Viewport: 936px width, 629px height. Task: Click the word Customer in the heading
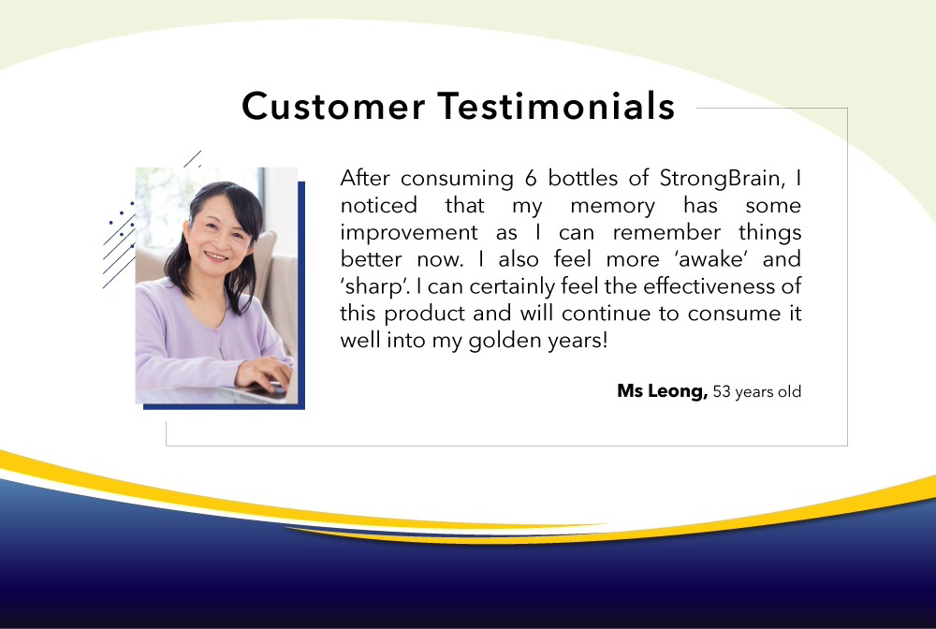(333, 106)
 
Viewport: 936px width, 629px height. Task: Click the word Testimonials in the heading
(556, 106)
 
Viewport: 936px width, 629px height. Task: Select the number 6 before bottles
(531, 178)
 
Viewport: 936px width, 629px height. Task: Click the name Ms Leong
(662, 391)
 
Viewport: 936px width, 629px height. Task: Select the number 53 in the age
(722, 391)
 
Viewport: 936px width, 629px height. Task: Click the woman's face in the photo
(219, 235)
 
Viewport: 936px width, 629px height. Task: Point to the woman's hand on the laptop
(264, 374)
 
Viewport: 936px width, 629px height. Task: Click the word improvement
(409, 233)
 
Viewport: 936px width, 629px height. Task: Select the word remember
(666, 232)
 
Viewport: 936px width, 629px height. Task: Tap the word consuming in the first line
(457, 179)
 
